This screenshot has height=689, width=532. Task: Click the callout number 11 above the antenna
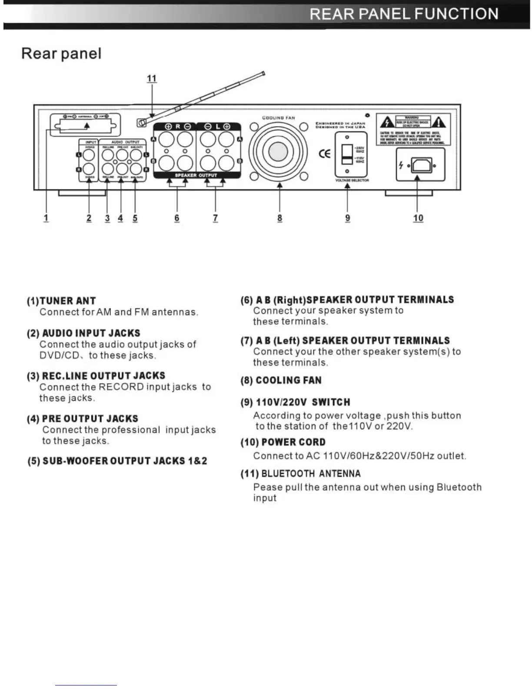tap(151, 78)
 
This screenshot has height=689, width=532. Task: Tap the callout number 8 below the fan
tap(279, 217)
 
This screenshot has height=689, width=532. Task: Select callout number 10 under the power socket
tap(418, 217)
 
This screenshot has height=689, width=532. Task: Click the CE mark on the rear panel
tap(324, 154)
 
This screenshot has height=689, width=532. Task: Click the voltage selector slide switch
tap(347, 154)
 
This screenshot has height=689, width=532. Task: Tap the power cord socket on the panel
tap(421, 165)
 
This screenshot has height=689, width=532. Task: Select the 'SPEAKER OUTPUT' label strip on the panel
tap(196, 175)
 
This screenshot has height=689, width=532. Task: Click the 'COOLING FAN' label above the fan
tap(279, 118)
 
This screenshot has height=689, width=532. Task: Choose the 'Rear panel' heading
tap(61, 54)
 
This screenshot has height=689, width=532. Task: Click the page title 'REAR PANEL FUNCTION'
tap(404, 14)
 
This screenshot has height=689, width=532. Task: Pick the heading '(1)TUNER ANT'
tap(61, 301)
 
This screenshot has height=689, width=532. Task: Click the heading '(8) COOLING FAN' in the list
tap(281, 381)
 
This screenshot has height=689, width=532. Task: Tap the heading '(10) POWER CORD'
tap(283, 442)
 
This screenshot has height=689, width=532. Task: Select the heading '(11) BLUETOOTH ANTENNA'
tap(300, 474)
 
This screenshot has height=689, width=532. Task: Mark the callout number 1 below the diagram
tap(46, 217)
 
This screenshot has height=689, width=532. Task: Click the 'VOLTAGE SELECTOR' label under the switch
tap(352, 181)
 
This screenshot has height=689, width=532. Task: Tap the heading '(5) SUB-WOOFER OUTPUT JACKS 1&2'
tap(117, 461)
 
